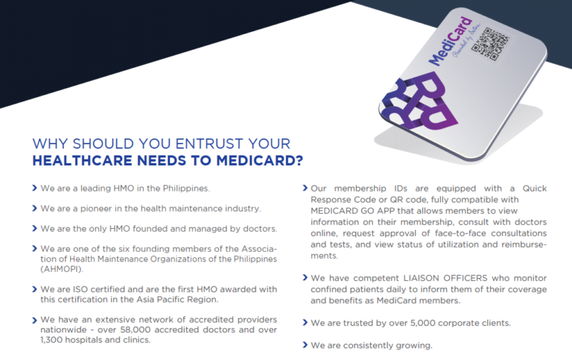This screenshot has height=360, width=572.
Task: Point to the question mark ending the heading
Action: [x=299, y=160]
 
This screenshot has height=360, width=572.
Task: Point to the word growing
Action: [x=414, y=345]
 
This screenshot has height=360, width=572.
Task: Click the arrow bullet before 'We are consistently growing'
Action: [x=305, y=345]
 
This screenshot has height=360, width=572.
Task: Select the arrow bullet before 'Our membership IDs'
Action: [x=305, y=189]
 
